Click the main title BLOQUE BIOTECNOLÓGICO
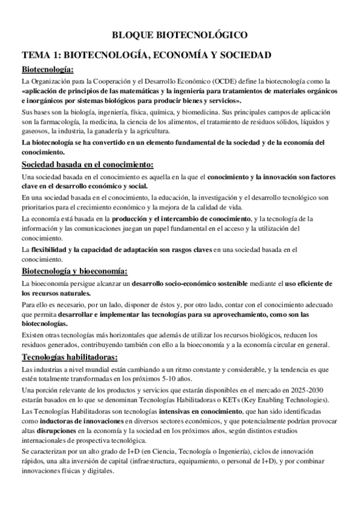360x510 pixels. [180, 35]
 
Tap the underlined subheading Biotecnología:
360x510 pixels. [47, 69]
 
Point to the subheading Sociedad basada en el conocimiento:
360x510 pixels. [88, 165]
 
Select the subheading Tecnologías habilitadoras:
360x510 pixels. [69, 358]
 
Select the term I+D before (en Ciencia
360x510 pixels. [139, 452]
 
